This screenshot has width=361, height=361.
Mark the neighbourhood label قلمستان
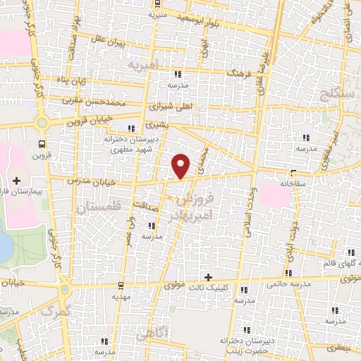pyautogui.click(x=97, y=207)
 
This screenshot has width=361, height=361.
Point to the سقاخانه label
pyautogui.click(x=291, y=182)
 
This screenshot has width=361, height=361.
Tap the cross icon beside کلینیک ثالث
pyautogui.click(x=208, y=276)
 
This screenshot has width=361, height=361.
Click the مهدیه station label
pyautogui.click(x=122, y=296)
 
